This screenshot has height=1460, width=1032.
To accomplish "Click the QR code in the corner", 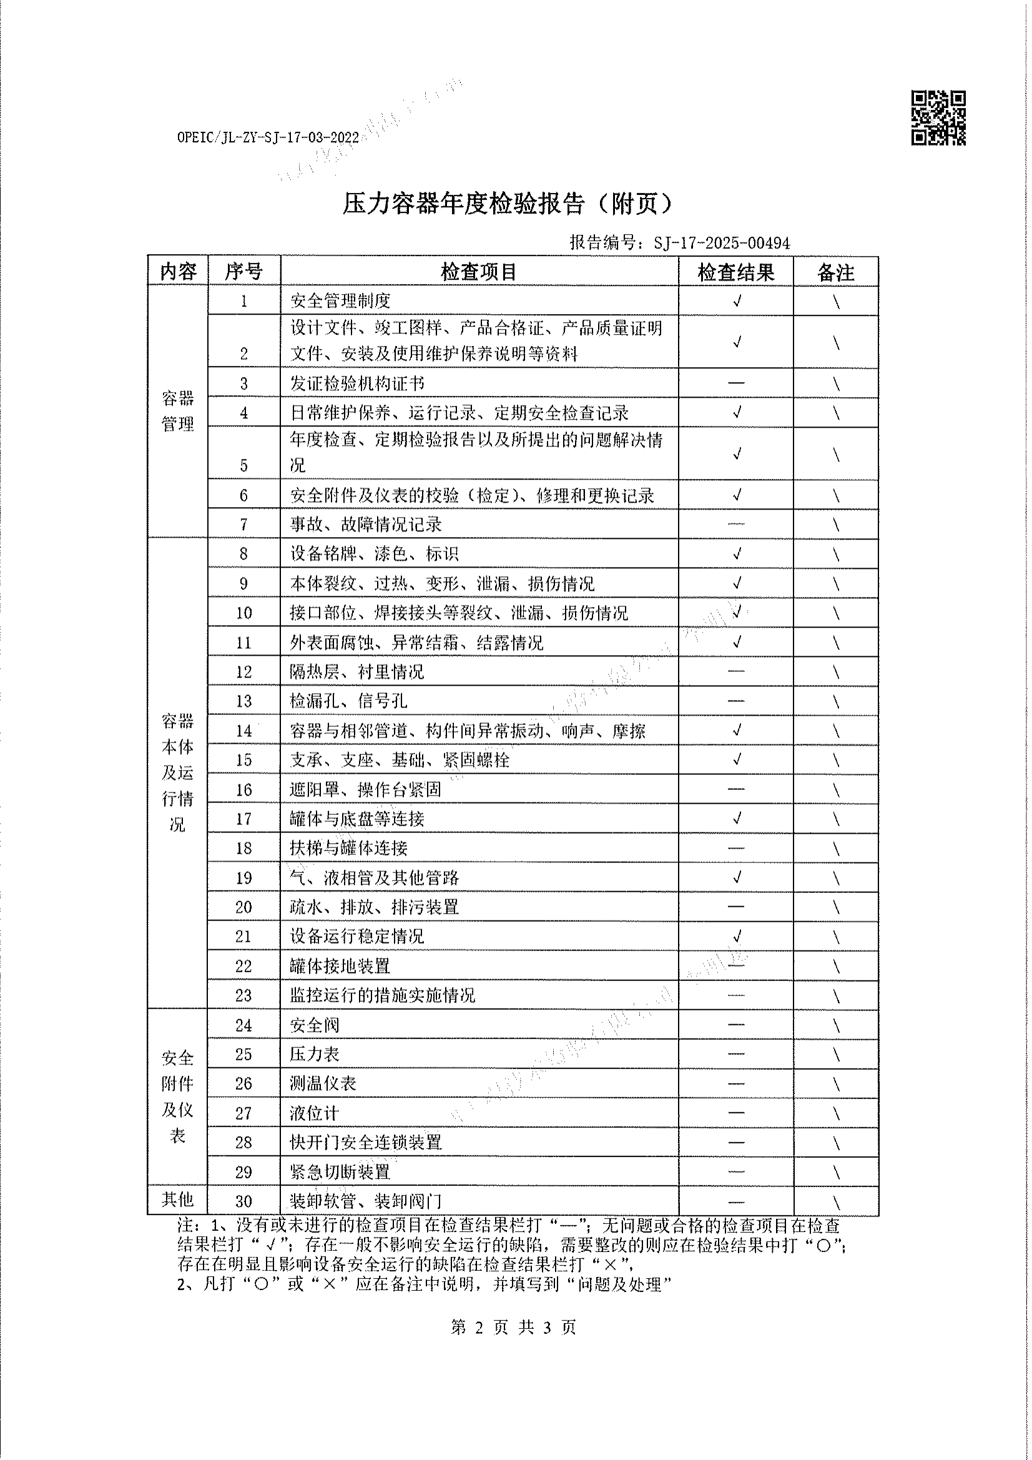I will [938, 118].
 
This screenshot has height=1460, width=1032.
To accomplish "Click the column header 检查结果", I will [735, 272].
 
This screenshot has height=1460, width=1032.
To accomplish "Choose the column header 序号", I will [243, 272].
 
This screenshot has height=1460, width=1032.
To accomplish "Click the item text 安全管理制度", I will [340, 301].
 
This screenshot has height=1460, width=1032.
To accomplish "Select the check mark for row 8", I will [736, 553].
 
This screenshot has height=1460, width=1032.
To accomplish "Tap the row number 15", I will [243, 760].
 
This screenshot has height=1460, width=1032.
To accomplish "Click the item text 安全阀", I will [314, 1025].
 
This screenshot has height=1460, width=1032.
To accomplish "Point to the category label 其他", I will [177, 1199].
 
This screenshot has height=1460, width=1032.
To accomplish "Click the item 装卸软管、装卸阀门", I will [365, 1201].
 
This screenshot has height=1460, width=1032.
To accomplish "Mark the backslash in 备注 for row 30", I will [835, 1202].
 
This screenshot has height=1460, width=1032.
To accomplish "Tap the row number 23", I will [243, 995].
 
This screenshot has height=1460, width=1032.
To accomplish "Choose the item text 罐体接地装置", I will [340, 966].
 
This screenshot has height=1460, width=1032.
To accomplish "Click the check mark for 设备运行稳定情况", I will [736, 936].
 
